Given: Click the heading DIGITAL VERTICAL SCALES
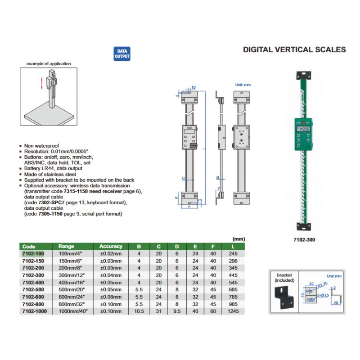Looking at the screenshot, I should pyautogui.click(x=294, y=49).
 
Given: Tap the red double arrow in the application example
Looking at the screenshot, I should pyautogui.click(x=42, y=83).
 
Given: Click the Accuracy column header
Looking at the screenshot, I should pyautogui.click(x=111, y=247).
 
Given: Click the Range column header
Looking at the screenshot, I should pyautogui.click(x=66, y=247).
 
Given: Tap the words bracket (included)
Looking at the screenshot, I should pyautogui.click(x=284, y=277).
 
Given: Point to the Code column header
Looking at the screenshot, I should pyautogui.click(x=28, y=247).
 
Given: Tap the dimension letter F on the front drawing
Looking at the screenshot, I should pyautogui.click(x=190, y=207).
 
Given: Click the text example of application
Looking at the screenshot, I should pyautogui.click(x=49, y=64).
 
